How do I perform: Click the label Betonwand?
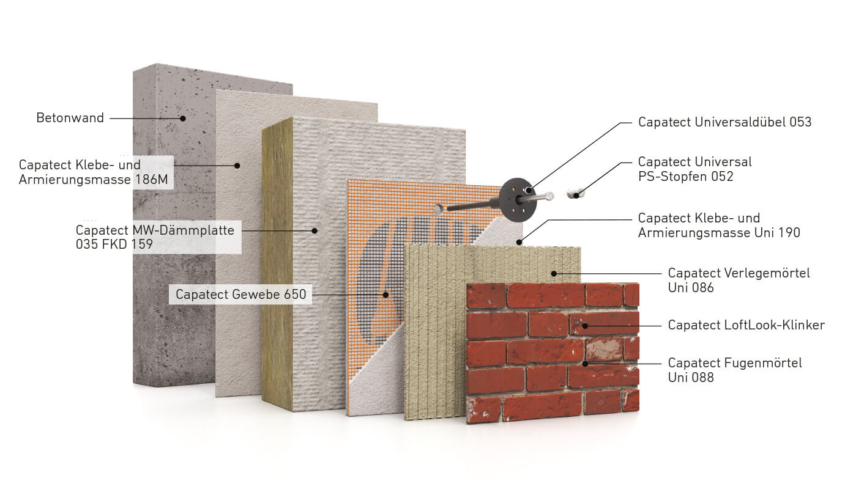70,118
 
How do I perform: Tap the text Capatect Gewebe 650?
240,295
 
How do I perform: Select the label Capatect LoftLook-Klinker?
746,325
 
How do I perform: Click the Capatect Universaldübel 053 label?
724,122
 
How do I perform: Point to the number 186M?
151,180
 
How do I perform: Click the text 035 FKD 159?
114,244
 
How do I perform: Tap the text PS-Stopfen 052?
685,177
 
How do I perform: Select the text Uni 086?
691,288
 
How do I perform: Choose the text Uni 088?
691,378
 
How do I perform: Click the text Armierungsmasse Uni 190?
719,232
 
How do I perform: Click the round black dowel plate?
518,200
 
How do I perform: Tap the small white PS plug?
575,194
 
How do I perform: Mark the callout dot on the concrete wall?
183,119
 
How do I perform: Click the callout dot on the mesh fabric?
385,295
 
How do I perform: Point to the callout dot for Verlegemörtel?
554,273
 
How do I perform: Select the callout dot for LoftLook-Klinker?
585,326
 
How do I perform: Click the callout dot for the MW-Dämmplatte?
314,230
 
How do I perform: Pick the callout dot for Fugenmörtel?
585,364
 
